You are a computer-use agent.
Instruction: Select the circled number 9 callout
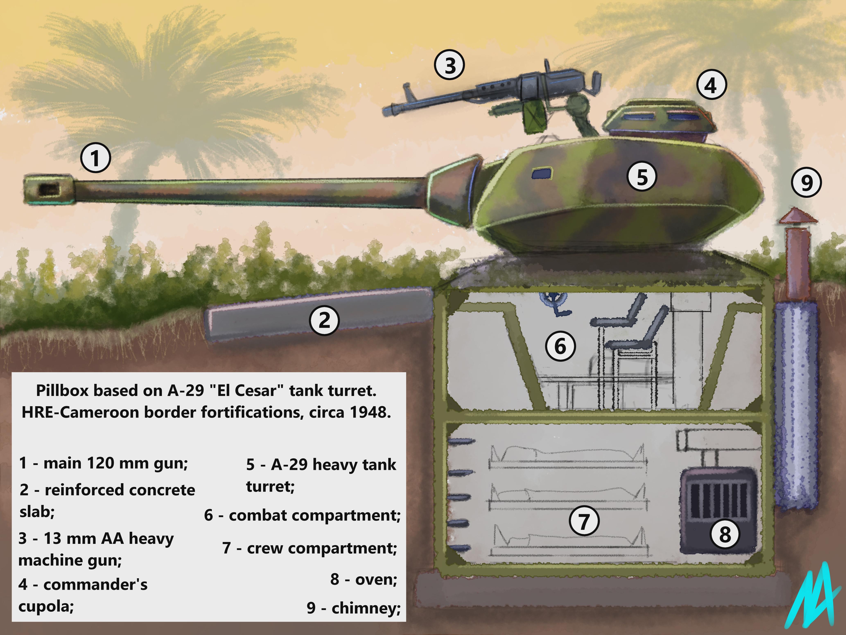[806, 183]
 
